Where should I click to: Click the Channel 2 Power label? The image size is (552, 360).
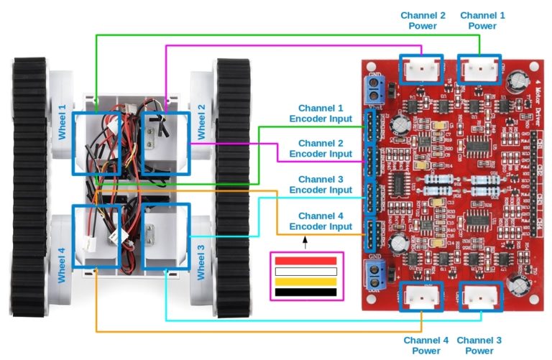click(x=423, y=20)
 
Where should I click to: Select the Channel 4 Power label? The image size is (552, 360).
click(x=426, y=345)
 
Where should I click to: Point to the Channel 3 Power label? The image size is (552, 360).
click(x=479, y=345)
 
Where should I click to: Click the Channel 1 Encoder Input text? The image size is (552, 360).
click(x=321, y=113)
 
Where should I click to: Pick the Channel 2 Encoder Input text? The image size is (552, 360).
click(x=321, y=148)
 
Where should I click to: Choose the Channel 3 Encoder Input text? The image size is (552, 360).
click(x=321, y=185)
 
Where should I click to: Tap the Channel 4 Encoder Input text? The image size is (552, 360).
click(x=321, y=221)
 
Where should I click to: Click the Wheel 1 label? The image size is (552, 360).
click(x=62, y=122)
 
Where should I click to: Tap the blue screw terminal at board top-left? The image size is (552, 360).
click(x=374, y=89)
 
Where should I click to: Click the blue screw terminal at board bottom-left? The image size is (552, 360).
click(x=374, y=272)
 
